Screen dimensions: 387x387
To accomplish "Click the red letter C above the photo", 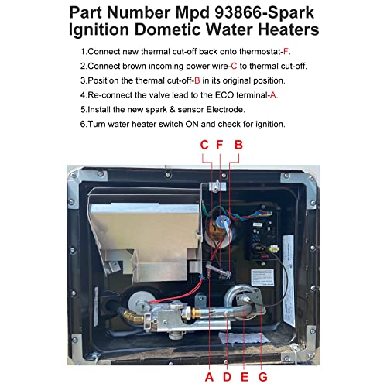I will point(204,144).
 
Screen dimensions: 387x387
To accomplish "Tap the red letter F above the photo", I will point(220,144).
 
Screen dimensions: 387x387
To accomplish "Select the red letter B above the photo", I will point(239,144).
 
